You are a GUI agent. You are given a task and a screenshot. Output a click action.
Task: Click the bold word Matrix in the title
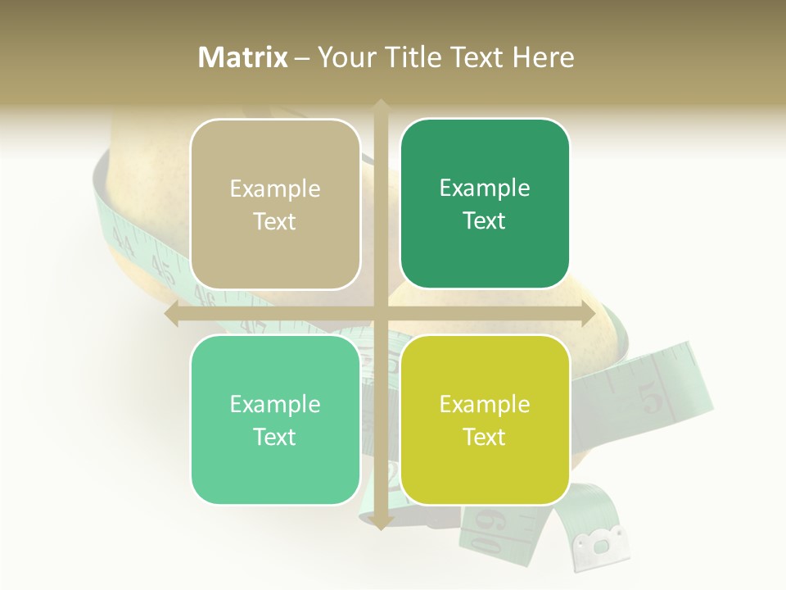point(243,57)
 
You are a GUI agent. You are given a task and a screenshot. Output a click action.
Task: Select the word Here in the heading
point(544,57)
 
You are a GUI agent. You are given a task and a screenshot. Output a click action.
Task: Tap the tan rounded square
point(275,204)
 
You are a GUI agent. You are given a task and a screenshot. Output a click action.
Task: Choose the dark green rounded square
point(485,203)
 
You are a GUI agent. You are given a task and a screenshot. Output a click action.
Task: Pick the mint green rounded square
point(275,420)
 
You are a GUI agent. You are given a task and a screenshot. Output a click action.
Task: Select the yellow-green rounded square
point(485,420)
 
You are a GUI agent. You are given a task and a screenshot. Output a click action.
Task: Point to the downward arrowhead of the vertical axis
point(380,523)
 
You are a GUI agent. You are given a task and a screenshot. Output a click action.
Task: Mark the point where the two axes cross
point(380,314)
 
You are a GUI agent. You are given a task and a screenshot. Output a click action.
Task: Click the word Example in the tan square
point(275,189)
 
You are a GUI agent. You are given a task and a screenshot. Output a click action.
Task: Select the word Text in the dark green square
point(485,220)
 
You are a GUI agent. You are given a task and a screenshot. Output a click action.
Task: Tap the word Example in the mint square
point(275,404)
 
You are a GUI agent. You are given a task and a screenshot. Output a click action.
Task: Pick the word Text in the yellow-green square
point(485,437)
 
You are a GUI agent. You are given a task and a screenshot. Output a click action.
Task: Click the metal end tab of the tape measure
point(603,542)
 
